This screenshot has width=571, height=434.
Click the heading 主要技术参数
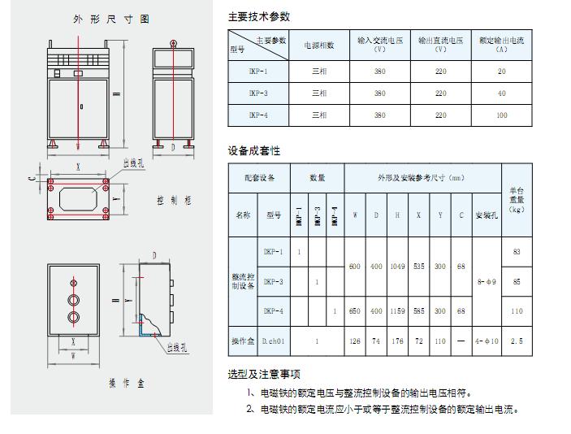[259, 16]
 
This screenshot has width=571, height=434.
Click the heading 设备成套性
[254, 150]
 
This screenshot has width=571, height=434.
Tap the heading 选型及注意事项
[264, 374]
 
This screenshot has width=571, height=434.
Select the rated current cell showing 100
[502, 115]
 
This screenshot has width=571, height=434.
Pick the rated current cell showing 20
[502, 72]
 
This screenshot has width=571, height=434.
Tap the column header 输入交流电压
[379, 44]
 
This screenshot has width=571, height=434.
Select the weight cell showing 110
[517, 311]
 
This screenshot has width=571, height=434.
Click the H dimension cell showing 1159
[397, 311]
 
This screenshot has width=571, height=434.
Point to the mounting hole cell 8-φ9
[486, 281]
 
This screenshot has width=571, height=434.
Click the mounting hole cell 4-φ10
[486, 341]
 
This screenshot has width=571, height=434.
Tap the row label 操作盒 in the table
[244, 341]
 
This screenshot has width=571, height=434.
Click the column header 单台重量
[517, 199]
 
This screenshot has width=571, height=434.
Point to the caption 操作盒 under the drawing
[119, 383]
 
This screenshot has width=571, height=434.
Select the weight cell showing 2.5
[517, 341]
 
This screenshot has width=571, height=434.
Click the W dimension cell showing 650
[355, 311]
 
